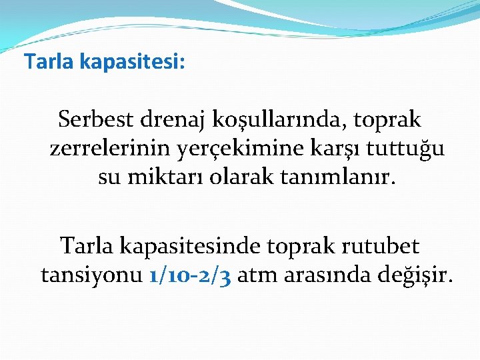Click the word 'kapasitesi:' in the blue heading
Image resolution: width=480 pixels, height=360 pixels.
pos(133,63)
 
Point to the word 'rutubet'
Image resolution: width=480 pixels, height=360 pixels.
pos(380,247)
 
